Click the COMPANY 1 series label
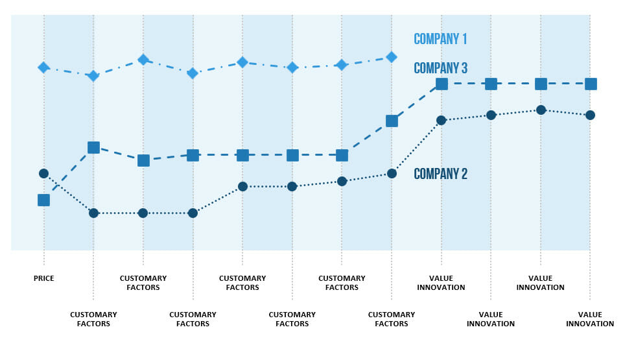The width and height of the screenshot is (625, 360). [x=440, y=39]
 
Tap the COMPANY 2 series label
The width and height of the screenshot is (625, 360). [x=440, y=174]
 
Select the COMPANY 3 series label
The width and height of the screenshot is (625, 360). [x=440, y=68]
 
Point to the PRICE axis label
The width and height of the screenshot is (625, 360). [x=44, y=278]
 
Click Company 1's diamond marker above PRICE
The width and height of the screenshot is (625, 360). [x=43, y=67]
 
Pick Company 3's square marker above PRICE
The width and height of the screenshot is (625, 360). [x=43, y=200]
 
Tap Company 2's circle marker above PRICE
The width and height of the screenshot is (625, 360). [x=43, y=173]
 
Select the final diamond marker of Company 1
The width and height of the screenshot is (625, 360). [x=392, y=57]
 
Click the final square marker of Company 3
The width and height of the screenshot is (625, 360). [x=591, y=84]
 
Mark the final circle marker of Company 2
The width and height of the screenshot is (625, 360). [x=590, y=115]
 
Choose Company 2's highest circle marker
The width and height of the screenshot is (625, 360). [x=541, y=110]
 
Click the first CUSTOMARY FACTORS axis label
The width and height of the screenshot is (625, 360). [x=93, y=319]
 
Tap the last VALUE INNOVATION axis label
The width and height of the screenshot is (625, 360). [x=590, y=319]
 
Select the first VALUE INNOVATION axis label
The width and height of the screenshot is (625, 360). [x=441, y=283]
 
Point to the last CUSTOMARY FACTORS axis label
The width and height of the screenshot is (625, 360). [x=392, y=319]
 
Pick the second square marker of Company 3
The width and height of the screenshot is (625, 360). [x=93, y=147]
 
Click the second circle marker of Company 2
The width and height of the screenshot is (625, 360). [x=93, y=213]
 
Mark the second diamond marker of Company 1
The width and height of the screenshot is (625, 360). [x=93, y=76]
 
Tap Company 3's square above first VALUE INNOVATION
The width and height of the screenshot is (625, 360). [x=442, y=84]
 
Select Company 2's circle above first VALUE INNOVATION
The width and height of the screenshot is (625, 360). [x=441, y=120]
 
